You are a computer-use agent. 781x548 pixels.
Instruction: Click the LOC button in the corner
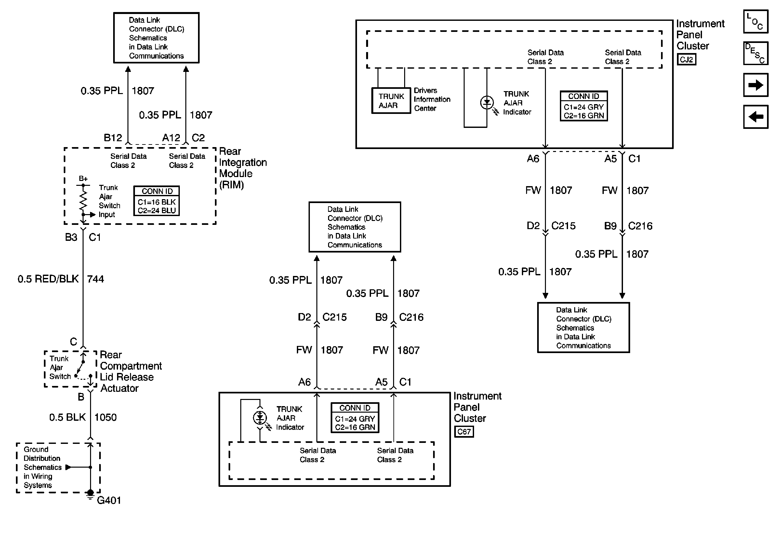(x=756, y=21)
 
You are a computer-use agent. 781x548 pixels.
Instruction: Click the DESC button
(x=756, y=53)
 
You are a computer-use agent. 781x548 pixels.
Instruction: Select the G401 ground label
(x=109, y=500)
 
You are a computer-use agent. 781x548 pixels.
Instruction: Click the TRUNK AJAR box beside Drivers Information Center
(x=391, y=101)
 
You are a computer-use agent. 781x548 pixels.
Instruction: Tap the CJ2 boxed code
(x=686, y=60)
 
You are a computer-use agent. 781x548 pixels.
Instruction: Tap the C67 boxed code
(x=464, y=432)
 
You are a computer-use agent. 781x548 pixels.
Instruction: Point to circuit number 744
(x=96, y=279)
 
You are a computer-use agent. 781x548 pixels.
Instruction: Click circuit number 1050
(x=105, y=417)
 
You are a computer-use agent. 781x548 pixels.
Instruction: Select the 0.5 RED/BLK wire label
(x=48, y=279)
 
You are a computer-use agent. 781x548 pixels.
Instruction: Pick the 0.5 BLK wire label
(x=67, y=417)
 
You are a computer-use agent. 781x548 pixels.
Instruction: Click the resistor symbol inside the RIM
(x=83, y=200)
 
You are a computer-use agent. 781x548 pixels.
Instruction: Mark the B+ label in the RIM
(x=83, y=178)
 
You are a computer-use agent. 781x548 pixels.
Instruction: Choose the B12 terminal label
(x=113, y=138)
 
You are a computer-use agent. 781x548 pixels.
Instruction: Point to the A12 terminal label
(x=171, y=138)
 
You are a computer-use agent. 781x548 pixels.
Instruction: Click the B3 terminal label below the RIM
(x=71, y=237)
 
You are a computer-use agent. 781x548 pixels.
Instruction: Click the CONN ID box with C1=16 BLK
(x=156, y=201)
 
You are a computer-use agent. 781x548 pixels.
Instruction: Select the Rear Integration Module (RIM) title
(x=243, y=168)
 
